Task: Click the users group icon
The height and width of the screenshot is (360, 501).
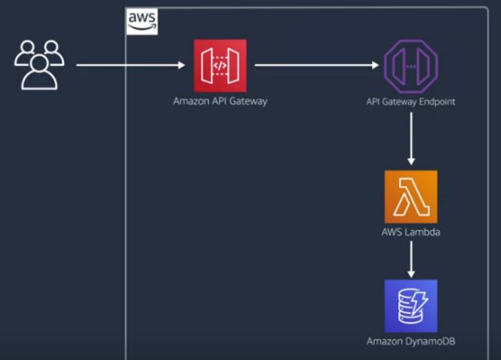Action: point(39,65)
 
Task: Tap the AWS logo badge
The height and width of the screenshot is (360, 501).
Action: point(142,22)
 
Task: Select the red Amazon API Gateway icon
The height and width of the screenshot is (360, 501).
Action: point(220,66)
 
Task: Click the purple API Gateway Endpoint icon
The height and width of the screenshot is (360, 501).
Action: point(410,66)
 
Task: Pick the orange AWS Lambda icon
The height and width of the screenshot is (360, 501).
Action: point(411,197)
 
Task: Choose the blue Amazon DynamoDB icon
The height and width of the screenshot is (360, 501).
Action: point(411,306)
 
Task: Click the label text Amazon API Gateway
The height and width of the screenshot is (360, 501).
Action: point(220,101)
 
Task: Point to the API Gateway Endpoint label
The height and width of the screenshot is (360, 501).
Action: point(411,101)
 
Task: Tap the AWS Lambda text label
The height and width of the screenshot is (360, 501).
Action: point(411,232)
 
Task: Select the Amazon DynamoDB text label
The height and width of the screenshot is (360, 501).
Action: point(411,341)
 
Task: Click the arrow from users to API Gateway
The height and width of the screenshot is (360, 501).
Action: point(131,66)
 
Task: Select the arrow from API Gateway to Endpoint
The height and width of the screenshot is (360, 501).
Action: point(317,66)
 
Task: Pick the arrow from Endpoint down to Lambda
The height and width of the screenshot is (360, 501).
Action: point(411,138)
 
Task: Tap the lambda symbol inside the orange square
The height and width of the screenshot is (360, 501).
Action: point(411,197)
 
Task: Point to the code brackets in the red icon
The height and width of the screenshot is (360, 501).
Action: point(220,66)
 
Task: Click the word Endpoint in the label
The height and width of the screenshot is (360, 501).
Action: point(437,101)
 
